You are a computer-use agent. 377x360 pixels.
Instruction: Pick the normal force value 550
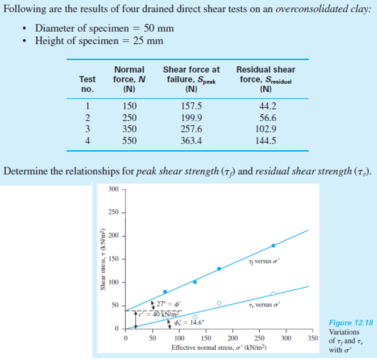tap(129, 139)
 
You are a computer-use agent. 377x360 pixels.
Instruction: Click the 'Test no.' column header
tap(87, 84)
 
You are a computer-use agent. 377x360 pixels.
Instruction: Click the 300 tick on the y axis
tap(113, 189)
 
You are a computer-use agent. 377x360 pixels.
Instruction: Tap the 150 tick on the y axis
tap(113, 259)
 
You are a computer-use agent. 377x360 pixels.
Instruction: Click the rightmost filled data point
tap(273, 246)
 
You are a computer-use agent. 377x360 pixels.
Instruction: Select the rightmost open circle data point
tap(273, 293)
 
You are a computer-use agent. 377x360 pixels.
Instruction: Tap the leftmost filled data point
tap(165, 292)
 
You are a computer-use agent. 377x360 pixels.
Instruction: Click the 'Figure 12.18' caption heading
tap(351, 323)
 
